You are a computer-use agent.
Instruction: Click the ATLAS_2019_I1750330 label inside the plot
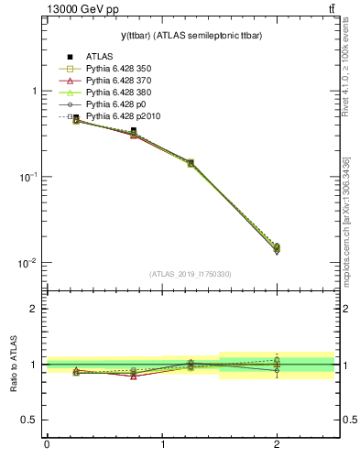pos(190,274)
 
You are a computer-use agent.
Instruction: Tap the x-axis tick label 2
pos(277,446)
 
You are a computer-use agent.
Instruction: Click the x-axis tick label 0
pos(47,446)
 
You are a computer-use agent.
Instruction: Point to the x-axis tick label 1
pos(162,446)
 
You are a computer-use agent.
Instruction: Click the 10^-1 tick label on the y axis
pos(27,177)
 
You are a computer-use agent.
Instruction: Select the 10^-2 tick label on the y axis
pos(27,263)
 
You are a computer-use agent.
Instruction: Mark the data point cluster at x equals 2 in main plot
pos(277,248)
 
